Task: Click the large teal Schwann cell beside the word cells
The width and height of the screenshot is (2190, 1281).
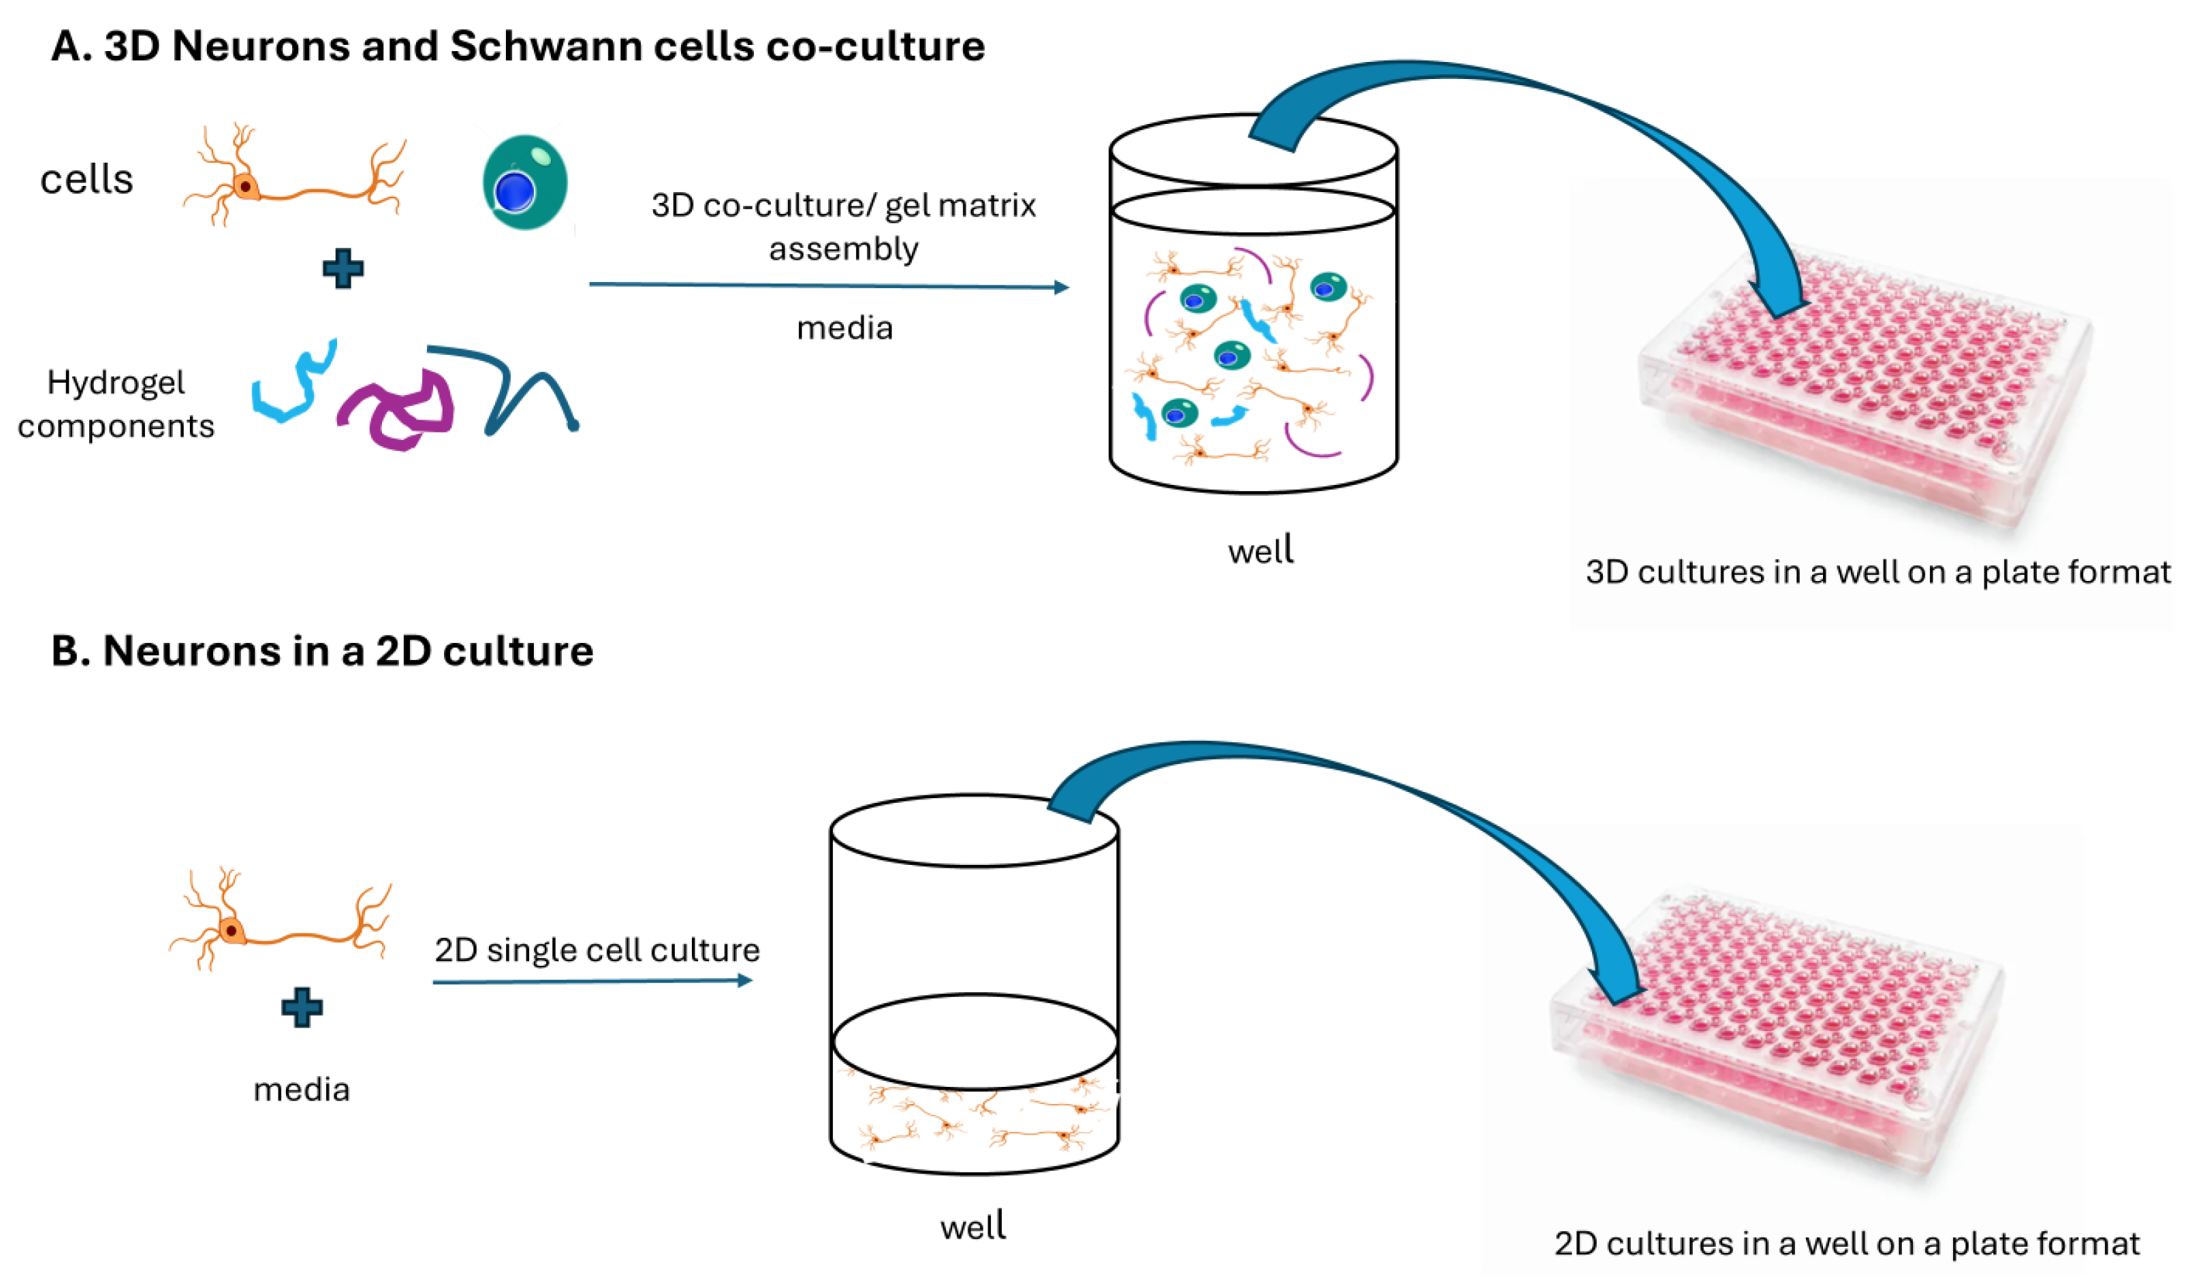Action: pos(525,182)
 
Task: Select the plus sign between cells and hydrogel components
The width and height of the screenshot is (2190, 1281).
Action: pos(343,268)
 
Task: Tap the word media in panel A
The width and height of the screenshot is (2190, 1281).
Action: pos(844,328)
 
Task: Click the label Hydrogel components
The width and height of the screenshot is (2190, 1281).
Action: pos(116,404)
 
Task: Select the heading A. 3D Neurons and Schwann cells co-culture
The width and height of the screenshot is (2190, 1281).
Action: pos(518,46)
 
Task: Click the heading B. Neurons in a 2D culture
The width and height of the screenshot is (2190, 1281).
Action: pos(321,651)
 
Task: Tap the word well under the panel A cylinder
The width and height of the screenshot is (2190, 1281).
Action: pos(1260,551)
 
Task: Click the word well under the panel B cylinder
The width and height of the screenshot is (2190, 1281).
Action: pos(972,1227)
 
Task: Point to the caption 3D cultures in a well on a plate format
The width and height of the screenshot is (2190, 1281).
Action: pos(1877,572)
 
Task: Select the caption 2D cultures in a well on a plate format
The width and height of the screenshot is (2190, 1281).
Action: pos(1847,1244)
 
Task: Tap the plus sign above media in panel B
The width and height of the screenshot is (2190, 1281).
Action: pos(302,1008)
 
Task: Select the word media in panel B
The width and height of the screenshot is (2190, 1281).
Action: pos(302,1090)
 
